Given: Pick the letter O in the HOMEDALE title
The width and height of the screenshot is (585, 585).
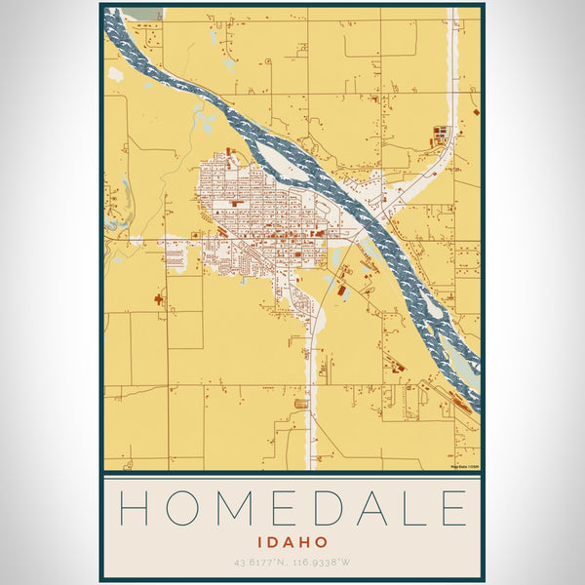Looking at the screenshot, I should coord(182,509).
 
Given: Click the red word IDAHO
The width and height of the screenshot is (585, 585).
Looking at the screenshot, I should coord(292,541).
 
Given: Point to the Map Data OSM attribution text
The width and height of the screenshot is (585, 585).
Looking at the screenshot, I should coord(462,466).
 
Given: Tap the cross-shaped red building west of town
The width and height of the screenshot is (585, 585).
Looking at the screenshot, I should coord(158,299).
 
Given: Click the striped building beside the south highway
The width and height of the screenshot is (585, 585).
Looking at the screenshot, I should coord(301,403).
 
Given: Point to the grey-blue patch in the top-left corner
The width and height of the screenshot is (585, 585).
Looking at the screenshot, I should coord(146,13).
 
